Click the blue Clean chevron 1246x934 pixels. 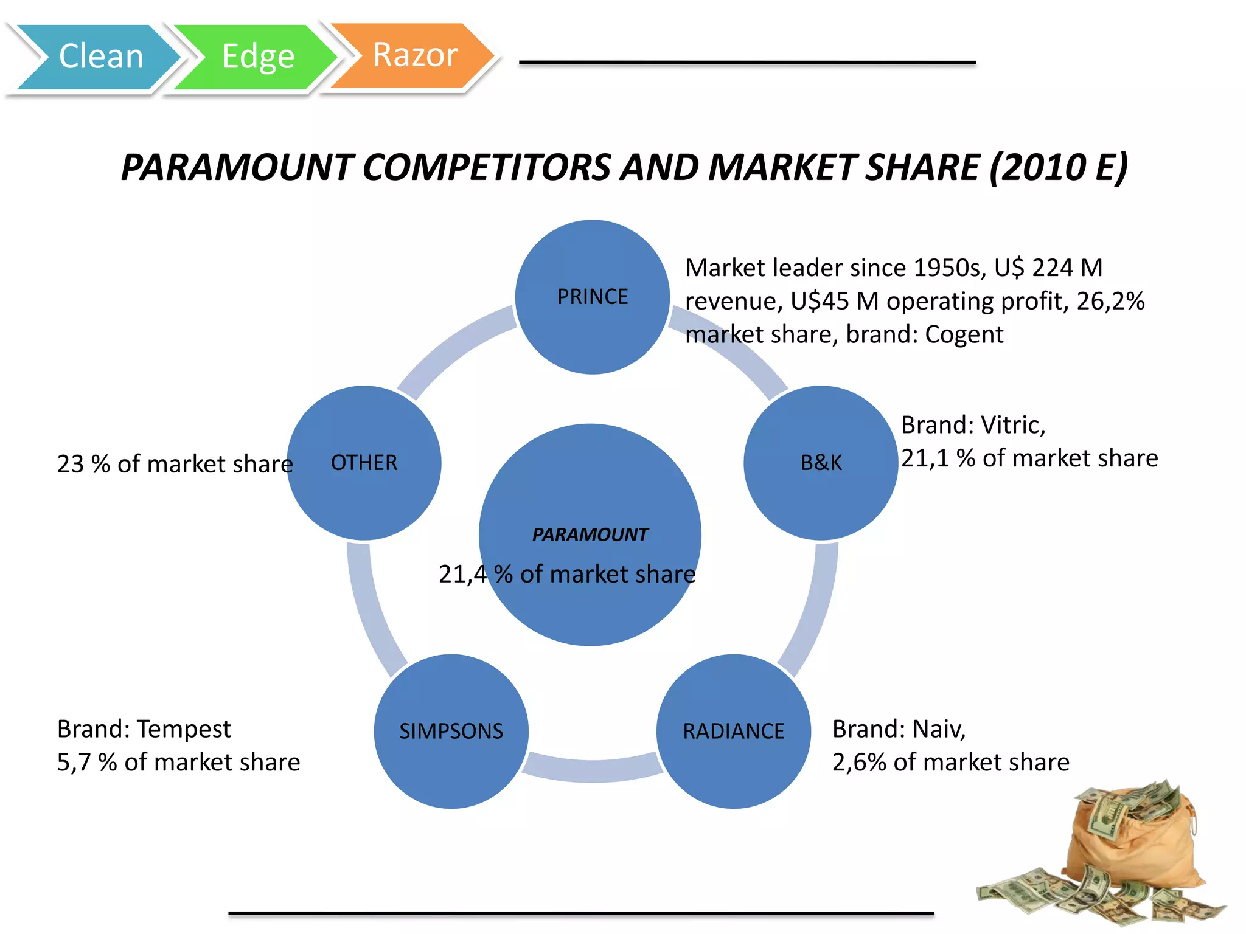coord(97,57)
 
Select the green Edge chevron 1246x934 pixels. coord(256,57)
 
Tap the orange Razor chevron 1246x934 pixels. coord(414,55)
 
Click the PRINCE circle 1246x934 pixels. coord(592,296)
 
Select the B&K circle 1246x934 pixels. coord(821,463)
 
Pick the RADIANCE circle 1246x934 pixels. coord(733,731)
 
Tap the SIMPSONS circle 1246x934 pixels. coord(451,731)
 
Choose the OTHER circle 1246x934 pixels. coord(364,463)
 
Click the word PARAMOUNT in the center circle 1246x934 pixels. coord(590,534)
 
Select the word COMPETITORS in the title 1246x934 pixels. coord(487,167)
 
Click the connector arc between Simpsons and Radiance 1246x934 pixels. coord(592,770)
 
